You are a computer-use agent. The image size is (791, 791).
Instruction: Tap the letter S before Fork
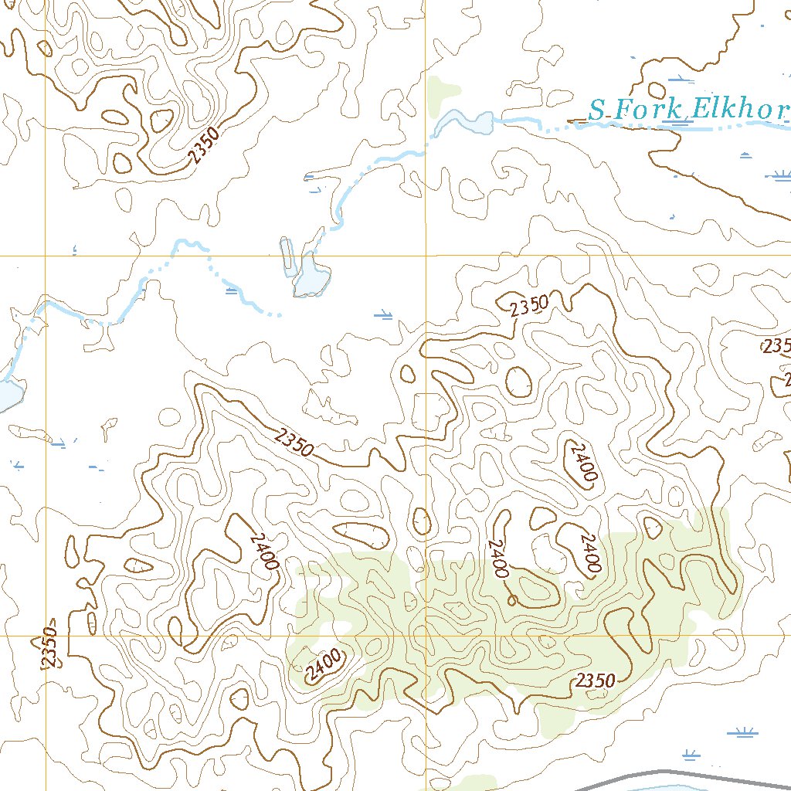tap(596, 110)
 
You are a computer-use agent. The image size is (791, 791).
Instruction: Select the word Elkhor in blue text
tap(739, 110)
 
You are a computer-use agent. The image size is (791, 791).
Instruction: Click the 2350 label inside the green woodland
tap(596, 681)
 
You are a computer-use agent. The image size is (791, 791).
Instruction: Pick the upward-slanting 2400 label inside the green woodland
tap(323, 665)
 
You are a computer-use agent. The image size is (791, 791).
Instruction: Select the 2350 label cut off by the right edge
tap(776, 345)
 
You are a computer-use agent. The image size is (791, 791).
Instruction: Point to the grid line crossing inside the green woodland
tap(426, 636)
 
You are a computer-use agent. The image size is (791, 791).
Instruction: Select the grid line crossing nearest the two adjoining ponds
tap(426, 255)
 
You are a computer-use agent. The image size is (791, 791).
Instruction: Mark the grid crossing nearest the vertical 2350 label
tap(46, 636)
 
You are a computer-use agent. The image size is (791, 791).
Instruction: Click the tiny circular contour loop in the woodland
tap(511, 599)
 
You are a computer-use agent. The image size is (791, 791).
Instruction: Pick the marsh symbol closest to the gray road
tap(691, 755)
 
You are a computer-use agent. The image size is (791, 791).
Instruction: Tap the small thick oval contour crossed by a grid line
tap(422, 522)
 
